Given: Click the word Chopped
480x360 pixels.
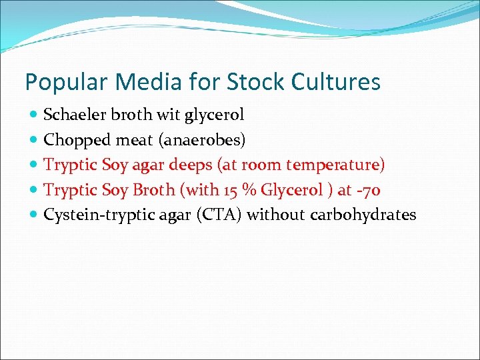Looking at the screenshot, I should (x=73, y=140).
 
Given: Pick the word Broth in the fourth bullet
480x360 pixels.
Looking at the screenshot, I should (x=153, y=190).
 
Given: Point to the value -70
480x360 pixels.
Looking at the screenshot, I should (x=368, y=190).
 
